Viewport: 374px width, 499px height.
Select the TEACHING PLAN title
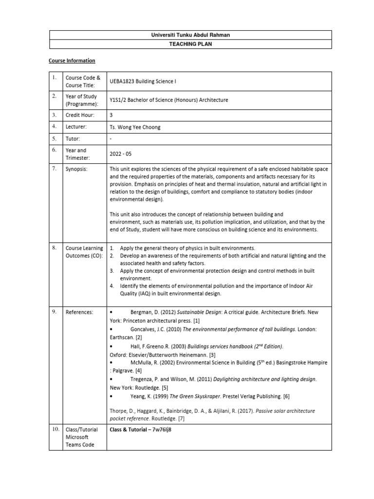pos(190,43)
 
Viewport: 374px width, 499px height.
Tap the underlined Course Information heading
pos(72,61)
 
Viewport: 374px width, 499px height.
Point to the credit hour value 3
pos(112,115)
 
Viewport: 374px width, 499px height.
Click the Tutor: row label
pos(73,139)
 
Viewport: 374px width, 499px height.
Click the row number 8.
pos(55,248)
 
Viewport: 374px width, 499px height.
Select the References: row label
pos(79,312)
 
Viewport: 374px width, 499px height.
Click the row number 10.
pos(55,430)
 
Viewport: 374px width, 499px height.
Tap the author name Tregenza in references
pos(144,379)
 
